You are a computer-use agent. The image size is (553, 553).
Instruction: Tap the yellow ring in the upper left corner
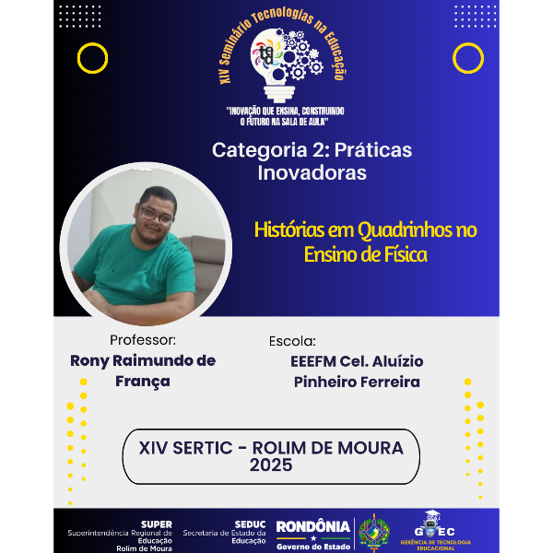[92, 58]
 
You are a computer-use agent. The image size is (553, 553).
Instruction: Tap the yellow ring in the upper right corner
[468, 58]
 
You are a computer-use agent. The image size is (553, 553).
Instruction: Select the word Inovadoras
[312, 172]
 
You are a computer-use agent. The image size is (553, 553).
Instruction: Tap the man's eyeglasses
[157, 215]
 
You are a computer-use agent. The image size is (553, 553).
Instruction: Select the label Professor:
[142, 339]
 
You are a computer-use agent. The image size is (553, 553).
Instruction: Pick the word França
[143, 381]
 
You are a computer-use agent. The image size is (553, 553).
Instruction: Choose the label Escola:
[292, 340]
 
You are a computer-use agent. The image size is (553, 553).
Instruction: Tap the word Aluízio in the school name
[391, 360]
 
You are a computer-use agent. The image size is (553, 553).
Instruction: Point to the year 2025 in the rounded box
[270, 465]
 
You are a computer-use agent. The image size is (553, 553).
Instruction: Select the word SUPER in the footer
[156, 524]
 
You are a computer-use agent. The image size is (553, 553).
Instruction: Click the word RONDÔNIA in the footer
[312, 526]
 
